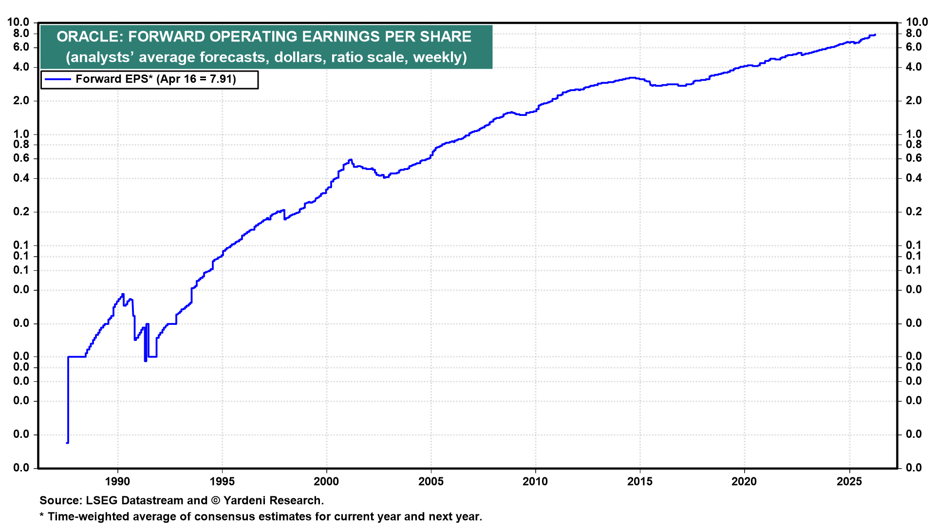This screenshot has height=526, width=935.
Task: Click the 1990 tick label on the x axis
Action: point(117,482)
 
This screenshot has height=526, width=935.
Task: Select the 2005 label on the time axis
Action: point(431,482)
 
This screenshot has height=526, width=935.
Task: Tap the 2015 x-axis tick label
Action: point(640,482)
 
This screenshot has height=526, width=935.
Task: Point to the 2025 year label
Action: point(849,482)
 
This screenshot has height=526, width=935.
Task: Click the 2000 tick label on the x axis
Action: point(326,482)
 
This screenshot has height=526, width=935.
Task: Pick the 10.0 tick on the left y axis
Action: point(18,22)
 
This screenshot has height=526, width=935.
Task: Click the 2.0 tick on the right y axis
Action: point(914,101)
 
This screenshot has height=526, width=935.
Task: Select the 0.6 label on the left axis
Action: point(21,158)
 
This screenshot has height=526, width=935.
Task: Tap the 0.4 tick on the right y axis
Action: point(914,178)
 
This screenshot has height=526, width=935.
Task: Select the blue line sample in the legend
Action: point(57,79)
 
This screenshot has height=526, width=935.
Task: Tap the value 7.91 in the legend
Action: point(221,79)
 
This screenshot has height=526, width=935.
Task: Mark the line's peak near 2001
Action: point(350,160)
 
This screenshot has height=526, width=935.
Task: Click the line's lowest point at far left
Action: point(67,443)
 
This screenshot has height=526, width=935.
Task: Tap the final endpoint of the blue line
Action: point(875,35)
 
